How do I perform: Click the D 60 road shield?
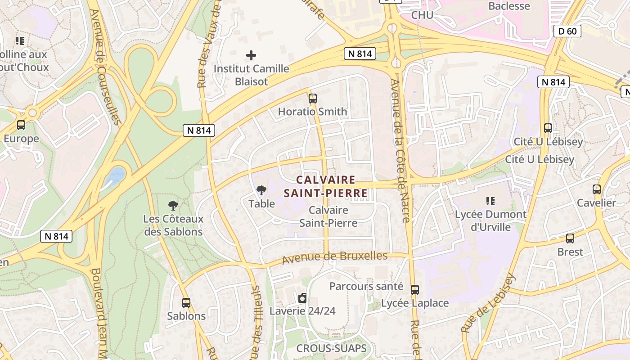tap(568, 31)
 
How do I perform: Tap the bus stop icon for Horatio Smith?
tap(313, 98)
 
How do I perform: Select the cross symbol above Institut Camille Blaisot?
tap(251, 55)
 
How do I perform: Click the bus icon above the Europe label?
tap(21, 125)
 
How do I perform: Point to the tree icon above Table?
tap(261, 190)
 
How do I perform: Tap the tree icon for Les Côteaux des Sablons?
tap(173, 206)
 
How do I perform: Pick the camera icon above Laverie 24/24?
tap(302, 297)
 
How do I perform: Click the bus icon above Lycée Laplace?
tap(415, 290)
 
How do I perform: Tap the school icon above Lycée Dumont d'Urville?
tap(490, 201)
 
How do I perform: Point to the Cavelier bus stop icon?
tap(597, 189)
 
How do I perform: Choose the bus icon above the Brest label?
tap(570, 238)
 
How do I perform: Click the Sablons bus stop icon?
tap(186, 303)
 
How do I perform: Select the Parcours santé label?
tap(366, 286)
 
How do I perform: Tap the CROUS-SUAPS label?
tap(331, 348)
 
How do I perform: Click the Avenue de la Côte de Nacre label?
tap(400, 151)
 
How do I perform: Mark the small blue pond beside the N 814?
tap(116, 175)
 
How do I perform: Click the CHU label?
tap(422, 15)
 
